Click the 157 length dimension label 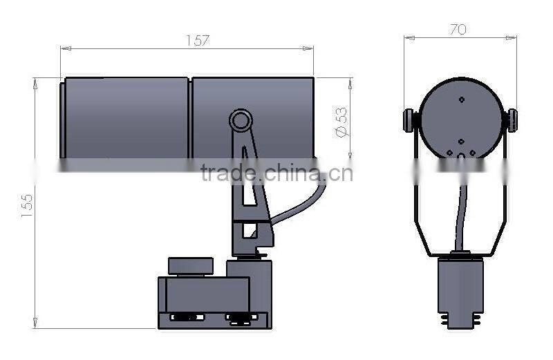[x=198, y=41]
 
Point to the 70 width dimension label [x=458, y=29]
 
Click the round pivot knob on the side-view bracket [x=241, y=122]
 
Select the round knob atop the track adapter [x=190, y=266]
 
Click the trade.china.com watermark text [x=276, y=172]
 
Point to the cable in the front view [x=460, y=214]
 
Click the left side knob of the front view [x=410, y=120]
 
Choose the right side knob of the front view [x=512, y=120]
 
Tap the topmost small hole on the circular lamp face [x=461, y=99]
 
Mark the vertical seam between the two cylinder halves [x=190, y=117]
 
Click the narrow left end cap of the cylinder [x=63, y=117]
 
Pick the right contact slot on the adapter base [x=241, y=318]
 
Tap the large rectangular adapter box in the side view [x=203, y=294]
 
